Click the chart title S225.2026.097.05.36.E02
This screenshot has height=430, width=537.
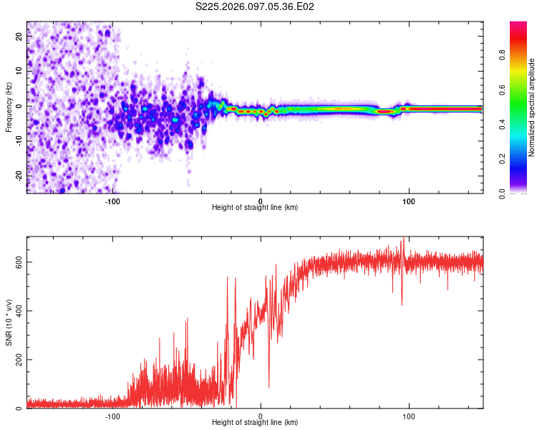[x=256, y=6]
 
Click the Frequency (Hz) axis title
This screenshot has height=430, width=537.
[x=9, y=107]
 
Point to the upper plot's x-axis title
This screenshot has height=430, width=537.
[x=255, y=208]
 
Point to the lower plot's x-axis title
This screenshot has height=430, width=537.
[x=255, y=423]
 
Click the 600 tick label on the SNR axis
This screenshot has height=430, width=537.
[x=20, y=262]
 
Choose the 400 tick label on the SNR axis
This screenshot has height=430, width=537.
[x=20, y=310]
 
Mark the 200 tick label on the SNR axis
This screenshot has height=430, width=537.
[x=20, y=359]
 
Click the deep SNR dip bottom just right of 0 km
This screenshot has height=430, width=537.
[x=269, y=388]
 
